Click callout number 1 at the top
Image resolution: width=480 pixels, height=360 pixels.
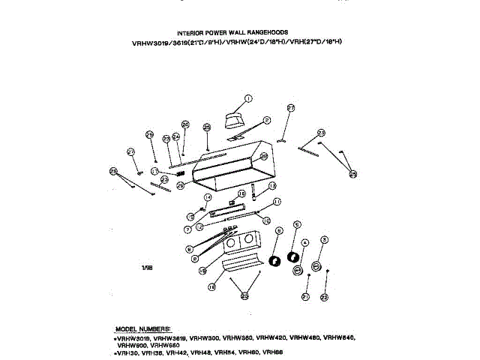click(248, 97)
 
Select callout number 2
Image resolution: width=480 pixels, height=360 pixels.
click(266, 120)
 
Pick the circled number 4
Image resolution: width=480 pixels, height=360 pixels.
click(304, 243)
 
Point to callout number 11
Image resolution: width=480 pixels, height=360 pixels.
click(277, 202)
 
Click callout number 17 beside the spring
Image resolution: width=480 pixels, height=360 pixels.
click(154, 171)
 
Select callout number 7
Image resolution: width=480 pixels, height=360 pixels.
click(188, 229)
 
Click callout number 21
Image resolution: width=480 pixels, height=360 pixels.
click(305, 297)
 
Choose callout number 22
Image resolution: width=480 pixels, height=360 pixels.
click(324, 297)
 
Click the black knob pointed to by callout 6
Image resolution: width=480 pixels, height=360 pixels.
click(274, 260)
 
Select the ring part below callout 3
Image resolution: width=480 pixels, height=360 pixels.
click(316, 266)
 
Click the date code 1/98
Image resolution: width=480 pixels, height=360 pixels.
click(147, 266)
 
